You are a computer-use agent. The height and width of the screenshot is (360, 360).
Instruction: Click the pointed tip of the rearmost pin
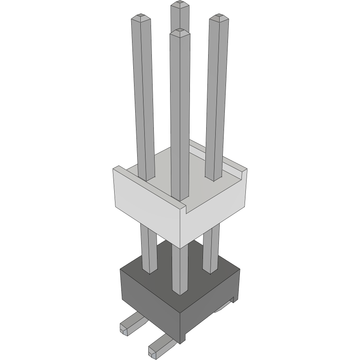click(180, 5)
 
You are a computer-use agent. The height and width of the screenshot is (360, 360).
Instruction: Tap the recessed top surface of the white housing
click(198, 174)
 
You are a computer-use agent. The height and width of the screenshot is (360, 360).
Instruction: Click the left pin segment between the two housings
click(148, 250)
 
